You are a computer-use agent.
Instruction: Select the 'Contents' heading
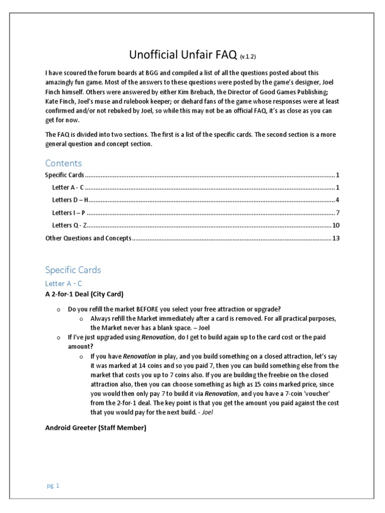tap(63, 163)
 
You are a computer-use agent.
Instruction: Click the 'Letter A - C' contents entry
tap(68, 187)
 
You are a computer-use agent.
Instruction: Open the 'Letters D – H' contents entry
tap(71, 200)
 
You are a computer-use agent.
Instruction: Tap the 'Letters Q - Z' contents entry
tap(70, 225)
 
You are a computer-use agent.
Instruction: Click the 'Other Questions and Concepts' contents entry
tap(88, 238)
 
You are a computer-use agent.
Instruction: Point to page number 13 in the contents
tap(336, 238)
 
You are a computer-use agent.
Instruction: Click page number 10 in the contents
tap(336, 225)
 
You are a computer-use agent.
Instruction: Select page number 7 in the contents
tap(338, 213)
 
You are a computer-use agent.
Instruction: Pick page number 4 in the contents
tap(338, 200)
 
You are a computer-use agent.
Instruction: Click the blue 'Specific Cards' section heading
tap(73, 270)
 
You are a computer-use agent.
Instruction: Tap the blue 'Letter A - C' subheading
tap(64, 284)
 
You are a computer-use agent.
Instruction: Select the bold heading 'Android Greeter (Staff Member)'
tap(96, 428)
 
